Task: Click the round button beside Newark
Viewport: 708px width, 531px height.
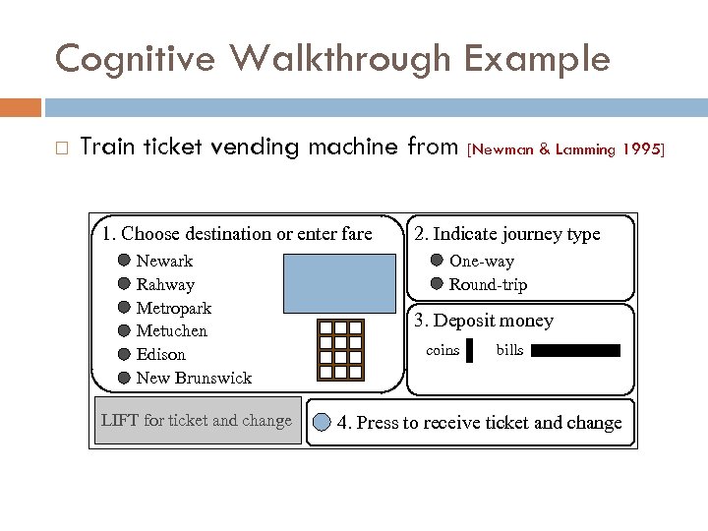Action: (x=124, y=261)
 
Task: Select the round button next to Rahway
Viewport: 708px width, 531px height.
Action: (x=124, y=284)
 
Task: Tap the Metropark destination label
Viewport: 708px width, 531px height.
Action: (x=174, y=308)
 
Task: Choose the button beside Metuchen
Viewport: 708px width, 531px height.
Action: (x=124, y=330)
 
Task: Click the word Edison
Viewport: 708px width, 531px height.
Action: (x=160, y=354)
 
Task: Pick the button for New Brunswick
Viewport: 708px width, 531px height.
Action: (x=124, y=378)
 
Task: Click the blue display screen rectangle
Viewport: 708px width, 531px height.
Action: (x=338, y=282)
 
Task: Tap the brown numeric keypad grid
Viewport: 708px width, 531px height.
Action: (x=341, y=350)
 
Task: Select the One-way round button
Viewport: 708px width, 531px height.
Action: (x=437, y=261)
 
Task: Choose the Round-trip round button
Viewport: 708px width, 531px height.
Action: (x=437, y=284)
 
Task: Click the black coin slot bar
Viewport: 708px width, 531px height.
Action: (x=469, y=351)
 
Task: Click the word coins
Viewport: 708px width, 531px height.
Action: (x=442, y=350)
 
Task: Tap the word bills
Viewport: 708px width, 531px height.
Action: (x=509, y=350)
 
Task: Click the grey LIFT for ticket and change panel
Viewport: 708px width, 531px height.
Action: (x=197, y=421)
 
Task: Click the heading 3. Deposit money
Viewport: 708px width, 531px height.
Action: (x=484, y=321)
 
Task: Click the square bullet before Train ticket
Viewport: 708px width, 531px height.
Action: (x=61, y=148)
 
